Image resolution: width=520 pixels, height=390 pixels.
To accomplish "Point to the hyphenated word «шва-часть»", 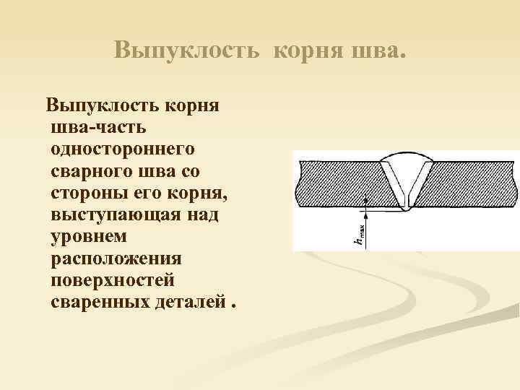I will (99, 129).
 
